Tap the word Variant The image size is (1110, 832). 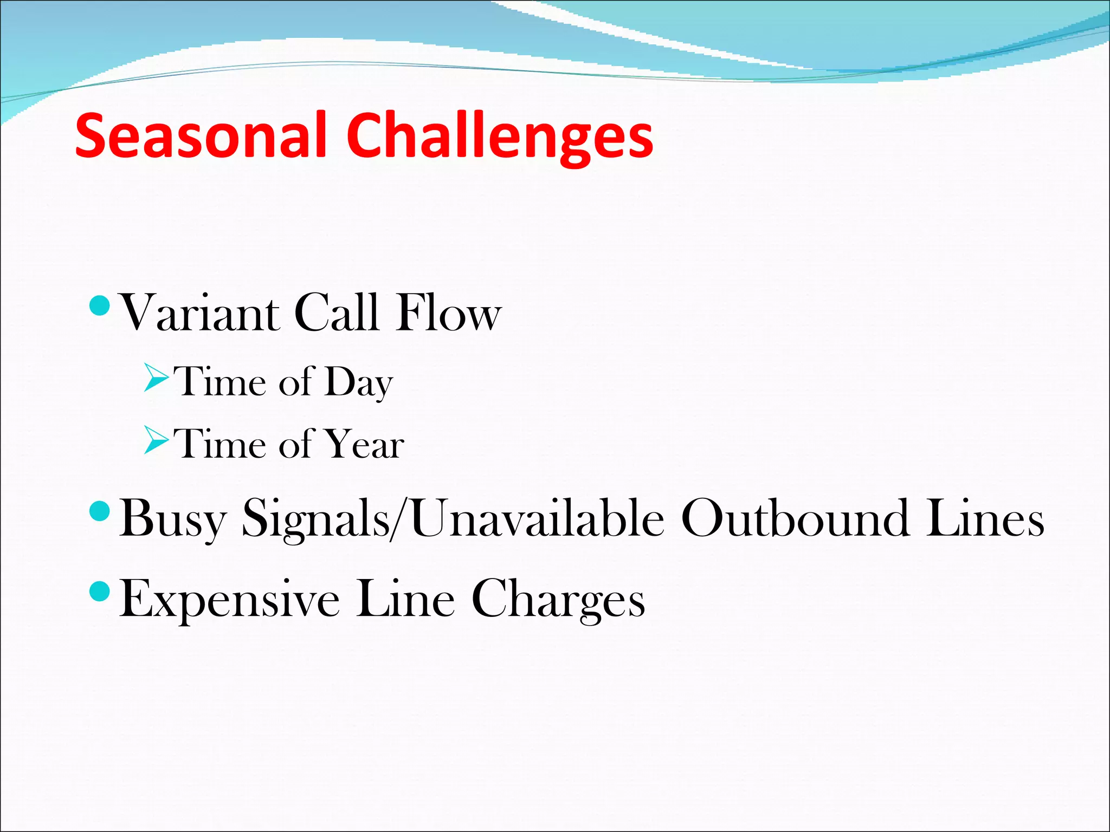[x=199, y=313]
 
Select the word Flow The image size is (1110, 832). [x=448, y=313]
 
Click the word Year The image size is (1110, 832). [x=366, y=445]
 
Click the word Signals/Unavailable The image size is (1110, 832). [x=453, y=519]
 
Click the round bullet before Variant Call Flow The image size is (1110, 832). [x=99, y=307]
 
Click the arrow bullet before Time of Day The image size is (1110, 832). [x=157, y=379]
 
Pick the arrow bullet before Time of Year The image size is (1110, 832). [x=157, y=440]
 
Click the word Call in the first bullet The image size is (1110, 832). [x=336, y=313]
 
